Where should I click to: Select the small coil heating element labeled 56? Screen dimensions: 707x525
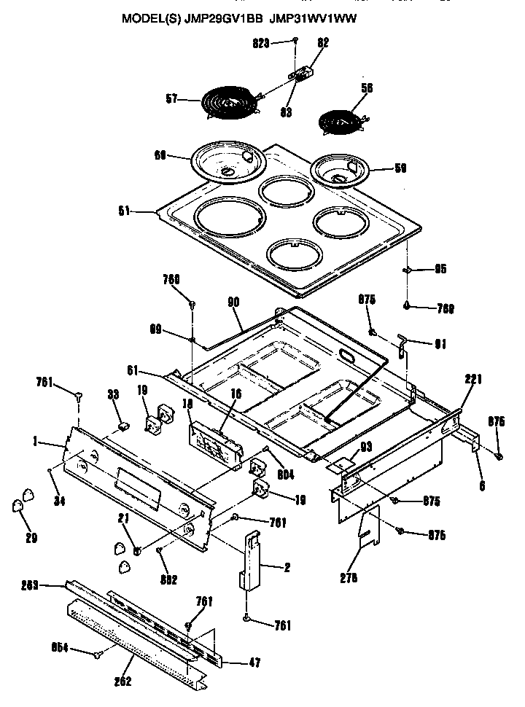click(x=342, y=119)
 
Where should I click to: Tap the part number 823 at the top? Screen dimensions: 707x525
click(x=262, y=43)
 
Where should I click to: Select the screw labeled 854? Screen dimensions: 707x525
click(x=97, y=655)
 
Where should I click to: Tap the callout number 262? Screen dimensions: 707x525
click(x=122, y=681)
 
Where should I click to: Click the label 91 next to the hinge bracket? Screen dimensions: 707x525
click(x=440, y=343)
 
